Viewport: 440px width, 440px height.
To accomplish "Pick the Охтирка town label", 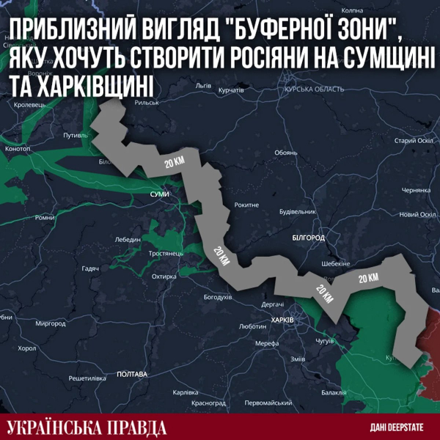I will tap(165, 276).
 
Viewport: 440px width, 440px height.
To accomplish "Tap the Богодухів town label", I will tap(217, 297).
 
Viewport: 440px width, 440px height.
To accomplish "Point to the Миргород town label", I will tap(51, 323).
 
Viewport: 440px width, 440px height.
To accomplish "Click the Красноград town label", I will tap(208, 403).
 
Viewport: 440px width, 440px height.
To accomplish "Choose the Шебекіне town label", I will tap(336, 265).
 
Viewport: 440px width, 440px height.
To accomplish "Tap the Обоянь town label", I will tap(286, 153).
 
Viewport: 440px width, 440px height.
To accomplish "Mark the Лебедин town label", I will tap(128, 239).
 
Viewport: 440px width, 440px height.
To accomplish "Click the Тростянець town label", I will tap(165, 253).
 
